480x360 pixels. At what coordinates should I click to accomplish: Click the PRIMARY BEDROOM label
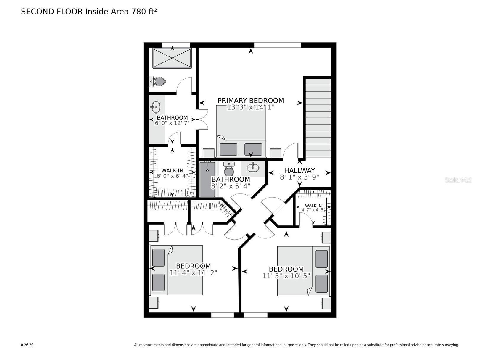click(x=250, y=101)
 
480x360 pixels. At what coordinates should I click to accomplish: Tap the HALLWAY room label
click(x=299, y=170)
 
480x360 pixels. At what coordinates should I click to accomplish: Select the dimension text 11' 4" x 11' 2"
click(x=193, y=273)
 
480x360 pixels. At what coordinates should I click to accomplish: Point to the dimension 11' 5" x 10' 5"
click(x=286, y=276)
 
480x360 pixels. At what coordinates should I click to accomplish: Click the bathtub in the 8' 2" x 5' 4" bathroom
click(x=207, y=179)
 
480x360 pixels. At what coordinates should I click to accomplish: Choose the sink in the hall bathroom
click(x=253, y=168)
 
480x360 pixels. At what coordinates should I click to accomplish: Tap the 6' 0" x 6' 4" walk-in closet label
click(x=172, y=171)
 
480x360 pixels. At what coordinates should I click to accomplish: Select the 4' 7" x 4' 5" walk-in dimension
click(x=313, y=210)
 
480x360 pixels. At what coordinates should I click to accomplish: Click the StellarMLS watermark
click(x=458, y=180)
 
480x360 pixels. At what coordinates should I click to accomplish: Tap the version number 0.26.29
click(x=27, y=345)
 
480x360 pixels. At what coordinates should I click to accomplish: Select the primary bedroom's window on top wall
click(x=277, y=45)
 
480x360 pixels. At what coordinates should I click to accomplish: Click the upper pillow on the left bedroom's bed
click(x=158, y=257)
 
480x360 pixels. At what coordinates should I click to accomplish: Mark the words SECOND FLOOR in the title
click(x=52, y=12)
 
